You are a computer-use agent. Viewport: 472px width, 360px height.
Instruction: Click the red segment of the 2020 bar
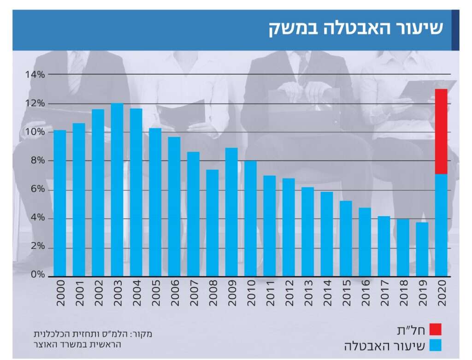coord(441,131)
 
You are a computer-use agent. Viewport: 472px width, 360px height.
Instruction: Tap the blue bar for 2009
coord(231,212)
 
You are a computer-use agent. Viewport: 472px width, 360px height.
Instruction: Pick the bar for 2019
coord(422,249)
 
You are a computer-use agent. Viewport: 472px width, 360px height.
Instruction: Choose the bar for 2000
coord(60,203)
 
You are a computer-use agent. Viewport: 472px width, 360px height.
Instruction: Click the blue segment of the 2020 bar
coord(441,225)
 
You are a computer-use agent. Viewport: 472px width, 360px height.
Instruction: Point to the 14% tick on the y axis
coord(35,74)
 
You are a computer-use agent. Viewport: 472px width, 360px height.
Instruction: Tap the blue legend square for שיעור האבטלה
coord(435,345)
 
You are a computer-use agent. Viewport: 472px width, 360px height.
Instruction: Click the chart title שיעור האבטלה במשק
coord(355,29)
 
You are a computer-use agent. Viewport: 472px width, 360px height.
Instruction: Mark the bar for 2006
coord(174,207)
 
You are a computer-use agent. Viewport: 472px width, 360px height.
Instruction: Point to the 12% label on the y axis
coord(35,103)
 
